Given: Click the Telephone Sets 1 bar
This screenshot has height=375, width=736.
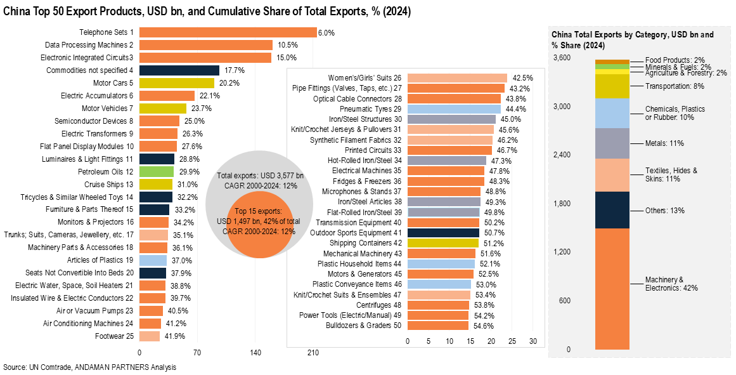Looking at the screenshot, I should pyautogui.click(x=228, y=32).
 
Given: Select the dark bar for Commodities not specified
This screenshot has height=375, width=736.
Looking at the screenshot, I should pyautogui.click(x=179, y=70).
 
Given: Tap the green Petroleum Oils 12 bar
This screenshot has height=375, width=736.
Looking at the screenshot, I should pyautogui.click(x=156, y=171).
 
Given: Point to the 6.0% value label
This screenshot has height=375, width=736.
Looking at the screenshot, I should pyautogui.click(x=326, y=32).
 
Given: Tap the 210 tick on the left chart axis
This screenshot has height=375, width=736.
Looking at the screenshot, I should pyautogui.click(x=313, y=353).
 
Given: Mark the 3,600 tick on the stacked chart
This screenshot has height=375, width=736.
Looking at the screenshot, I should pyautogui.click(x=562, y=58).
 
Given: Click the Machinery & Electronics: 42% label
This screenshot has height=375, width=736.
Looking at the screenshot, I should pyautogui.click(x=662, y=284).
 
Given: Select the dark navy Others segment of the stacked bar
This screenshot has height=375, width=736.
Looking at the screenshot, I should pyautogui.click(x=612, y=209).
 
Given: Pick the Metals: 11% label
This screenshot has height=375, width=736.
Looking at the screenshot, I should pyautogui.click(x=664, y=143).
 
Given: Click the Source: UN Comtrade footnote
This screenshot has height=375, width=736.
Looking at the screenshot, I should pyautogui.click(x=89, y=367).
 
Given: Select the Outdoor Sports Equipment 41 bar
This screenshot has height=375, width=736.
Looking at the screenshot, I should pyautogui.click(x=442, y=232).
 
